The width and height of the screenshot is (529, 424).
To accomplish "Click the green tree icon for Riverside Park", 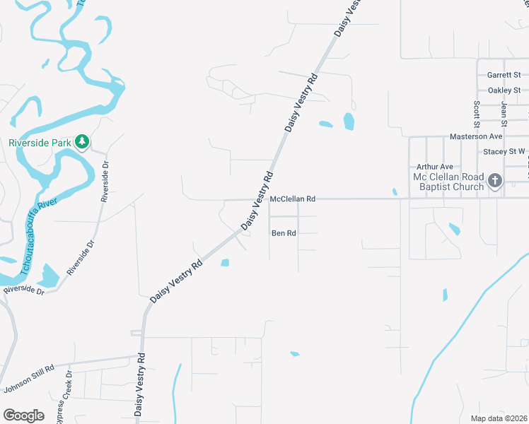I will (83, 142).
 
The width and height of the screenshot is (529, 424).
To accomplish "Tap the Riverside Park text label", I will (41, 142).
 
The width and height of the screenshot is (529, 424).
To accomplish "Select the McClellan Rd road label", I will (292, 199).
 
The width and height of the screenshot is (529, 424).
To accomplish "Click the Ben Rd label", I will (284, 232).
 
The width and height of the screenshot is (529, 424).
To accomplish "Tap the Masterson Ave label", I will (476, 136).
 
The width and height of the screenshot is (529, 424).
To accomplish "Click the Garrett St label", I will (504, 75).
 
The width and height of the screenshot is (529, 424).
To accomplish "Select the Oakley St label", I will (504, 90).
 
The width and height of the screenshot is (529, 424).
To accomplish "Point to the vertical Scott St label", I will (476, 110).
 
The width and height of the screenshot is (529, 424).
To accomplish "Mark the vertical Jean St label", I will (504, 110).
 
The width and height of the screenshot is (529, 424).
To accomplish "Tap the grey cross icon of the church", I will (494, 181).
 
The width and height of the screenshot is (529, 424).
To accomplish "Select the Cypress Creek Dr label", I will (64, 397).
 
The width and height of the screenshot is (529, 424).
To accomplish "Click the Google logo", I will (23, 415).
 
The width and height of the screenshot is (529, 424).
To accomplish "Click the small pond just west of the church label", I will (395, 191).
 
